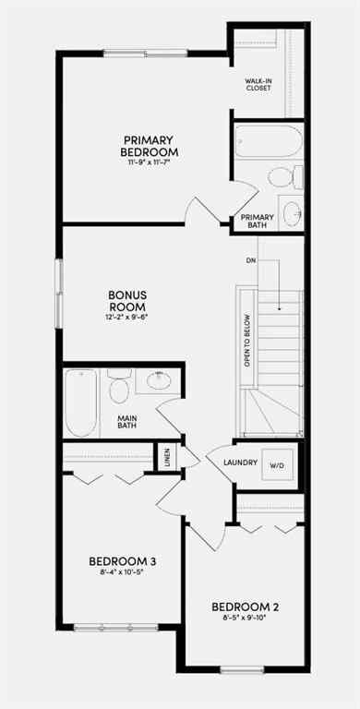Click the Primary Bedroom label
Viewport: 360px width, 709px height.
tap(149, 145)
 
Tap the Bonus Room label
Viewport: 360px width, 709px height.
tap(128, 300)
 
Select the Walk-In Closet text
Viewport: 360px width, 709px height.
tap(258, 85)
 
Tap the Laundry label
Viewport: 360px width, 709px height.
tap(239, 464)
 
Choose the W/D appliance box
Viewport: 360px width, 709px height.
tap(277, 466)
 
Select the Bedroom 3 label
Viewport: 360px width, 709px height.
tap(121, 560)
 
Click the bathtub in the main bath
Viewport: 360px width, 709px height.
tap(81, 403)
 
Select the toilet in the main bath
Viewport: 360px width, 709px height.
tap(118, 389)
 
